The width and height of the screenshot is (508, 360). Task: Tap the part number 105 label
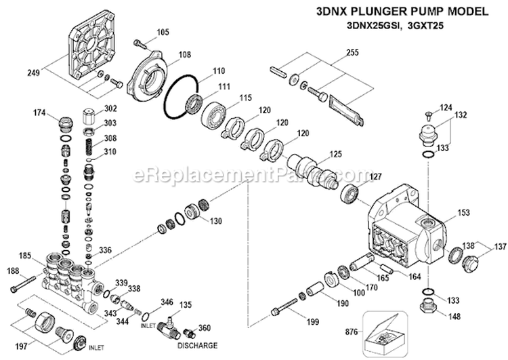163,33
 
